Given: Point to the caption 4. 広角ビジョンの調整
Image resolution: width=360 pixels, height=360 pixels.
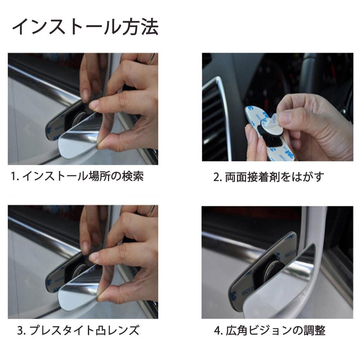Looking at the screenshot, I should (x=270, y=330).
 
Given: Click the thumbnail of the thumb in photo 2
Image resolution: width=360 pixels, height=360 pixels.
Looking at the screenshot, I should (x=285, y=118).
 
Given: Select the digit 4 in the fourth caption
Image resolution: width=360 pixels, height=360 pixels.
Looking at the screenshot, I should (x=217, y=331).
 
